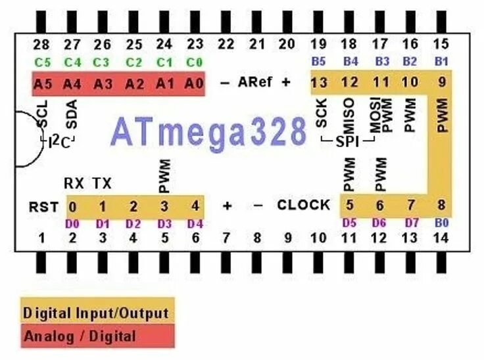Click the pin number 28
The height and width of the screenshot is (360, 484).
(41, 45)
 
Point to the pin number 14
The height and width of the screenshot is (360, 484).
(441, 238)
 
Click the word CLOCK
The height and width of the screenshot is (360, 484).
(303, 205)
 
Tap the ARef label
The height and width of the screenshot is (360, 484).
(254, 83)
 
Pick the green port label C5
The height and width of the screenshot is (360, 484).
(41, 62)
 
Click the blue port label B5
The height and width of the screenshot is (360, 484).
(319, 62)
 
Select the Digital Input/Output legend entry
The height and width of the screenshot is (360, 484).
(96, 313)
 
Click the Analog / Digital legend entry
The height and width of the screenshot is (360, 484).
(80, 336)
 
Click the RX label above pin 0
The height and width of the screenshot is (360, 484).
(72, 183)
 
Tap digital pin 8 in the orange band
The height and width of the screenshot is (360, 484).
(441, 206)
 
